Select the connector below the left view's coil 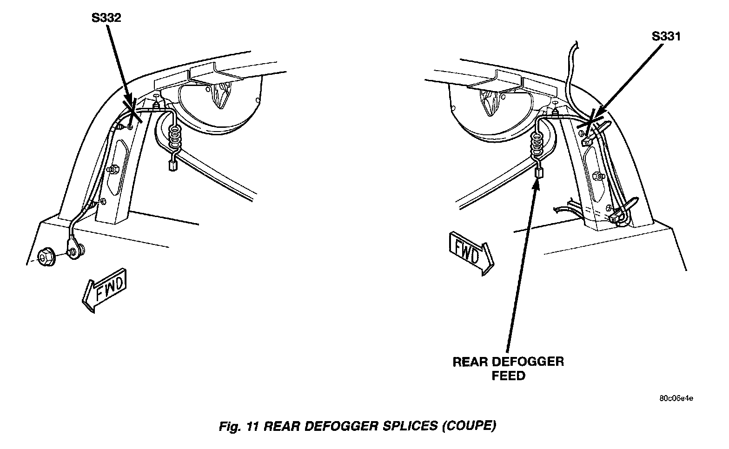point(172,166)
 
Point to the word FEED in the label point(508,375)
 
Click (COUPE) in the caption point(468,426)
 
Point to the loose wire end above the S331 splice point(577,44)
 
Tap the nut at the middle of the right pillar point(597,176)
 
